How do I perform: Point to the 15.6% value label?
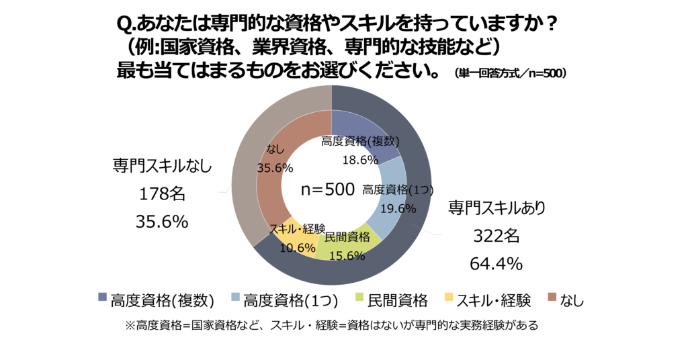click(x=344, y=255)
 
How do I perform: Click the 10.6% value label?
click(x=297, y=248)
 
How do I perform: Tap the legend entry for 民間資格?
click(x=396, y=300)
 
